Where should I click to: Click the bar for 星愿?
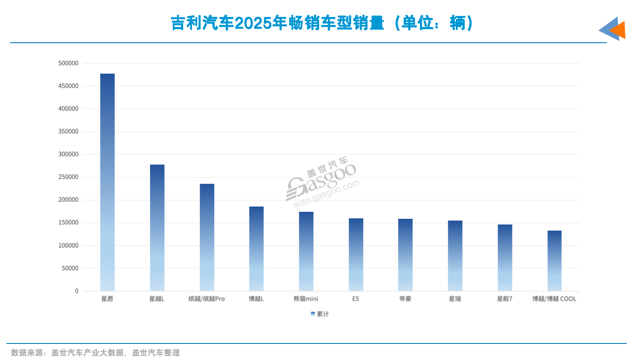107,182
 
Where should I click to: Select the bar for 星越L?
157,228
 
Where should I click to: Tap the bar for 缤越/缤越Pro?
207,237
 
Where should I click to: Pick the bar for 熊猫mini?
306,251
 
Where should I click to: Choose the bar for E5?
356,255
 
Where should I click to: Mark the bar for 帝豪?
405,255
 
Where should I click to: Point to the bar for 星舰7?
505,258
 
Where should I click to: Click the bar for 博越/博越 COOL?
554,261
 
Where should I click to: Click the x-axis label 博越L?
256,299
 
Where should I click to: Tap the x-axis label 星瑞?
455,299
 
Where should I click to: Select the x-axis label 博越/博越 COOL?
554,299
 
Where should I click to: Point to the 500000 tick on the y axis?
68,63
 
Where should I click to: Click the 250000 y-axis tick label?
68,177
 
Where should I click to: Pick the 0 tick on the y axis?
77,291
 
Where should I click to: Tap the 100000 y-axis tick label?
68,246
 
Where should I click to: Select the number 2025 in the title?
253,23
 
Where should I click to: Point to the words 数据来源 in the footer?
27,353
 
